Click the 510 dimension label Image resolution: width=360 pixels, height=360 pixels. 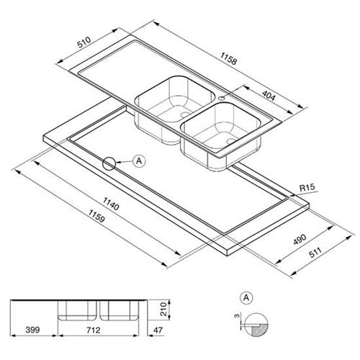[x=84, y=42]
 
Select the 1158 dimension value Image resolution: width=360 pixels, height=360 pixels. [x=229, y=58]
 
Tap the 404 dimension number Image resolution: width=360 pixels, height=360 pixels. [x=269, y=96]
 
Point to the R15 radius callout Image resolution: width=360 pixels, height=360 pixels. [x=307, y=187]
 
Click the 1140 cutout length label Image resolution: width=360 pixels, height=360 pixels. [x=111, y=204]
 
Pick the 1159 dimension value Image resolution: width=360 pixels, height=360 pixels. [x=96, y=216]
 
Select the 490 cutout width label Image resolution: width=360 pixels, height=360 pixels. [x=300, y=239]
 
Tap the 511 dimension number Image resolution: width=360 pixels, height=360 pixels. [x=315, y=253]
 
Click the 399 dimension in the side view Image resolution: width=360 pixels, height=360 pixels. [x=32, y=330]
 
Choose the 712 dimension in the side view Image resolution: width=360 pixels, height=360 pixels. [x=93, y=330]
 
